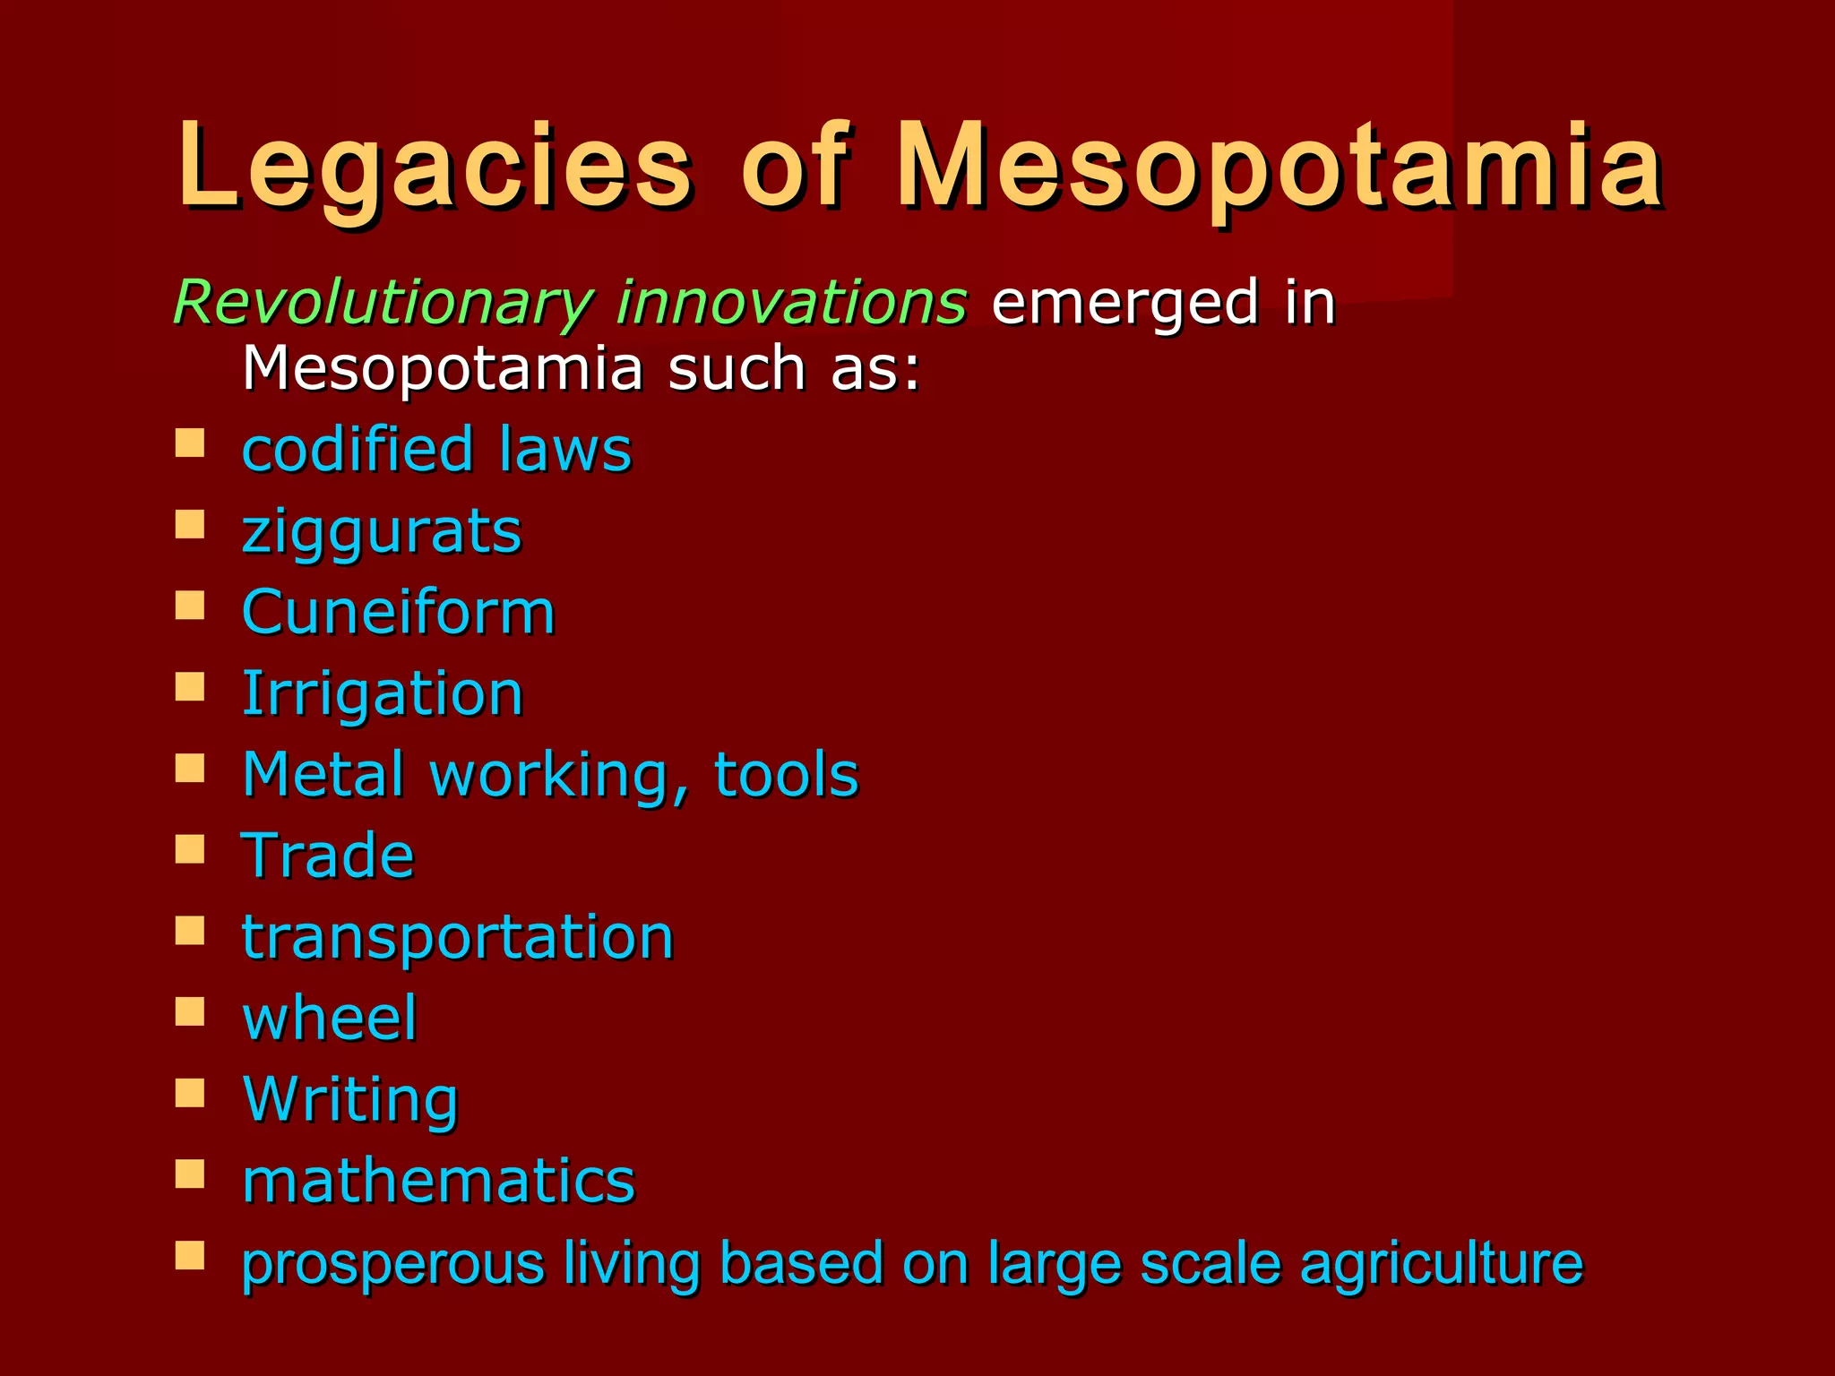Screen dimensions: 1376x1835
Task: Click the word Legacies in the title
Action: point(435,168)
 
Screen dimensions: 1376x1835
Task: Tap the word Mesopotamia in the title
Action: point(1279,168)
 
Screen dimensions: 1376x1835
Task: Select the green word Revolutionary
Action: point(383,303)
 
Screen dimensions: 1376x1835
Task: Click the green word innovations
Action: point(791,302)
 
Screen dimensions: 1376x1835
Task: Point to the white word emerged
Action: point(1125,303)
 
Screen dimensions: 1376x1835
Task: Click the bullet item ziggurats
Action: point(382,532)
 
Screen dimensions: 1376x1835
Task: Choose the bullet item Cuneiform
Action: point(399,613)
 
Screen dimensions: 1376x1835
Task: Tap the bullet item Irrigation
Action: point(383,694)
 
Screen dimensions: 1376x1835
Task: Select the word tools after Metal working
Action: point(786,775)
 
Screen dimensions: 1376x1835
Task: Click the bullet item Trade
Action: point(328,856)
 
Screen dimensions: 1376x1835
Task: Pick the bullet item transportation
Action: point(458,938)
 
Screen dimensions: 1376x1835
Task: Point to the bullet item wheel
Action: point(330,1019)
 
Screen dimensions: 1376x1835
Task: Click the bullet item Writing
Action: point(350,1100)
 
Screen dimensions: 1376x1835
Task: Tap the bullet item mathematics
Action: point(439,1181)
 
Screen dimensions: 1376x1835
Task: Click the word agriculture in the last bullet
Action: point(1441,1264)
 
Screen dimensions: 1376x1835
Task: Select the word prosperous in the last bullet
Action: point(393,1264)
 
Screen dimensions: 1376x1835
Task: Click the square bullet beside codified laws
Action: point(190,443)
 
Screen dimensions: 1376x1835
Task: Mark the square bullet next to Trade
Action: point(190,848)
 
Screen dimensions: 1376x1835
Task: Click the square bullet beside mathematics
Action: point(190,1174)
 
